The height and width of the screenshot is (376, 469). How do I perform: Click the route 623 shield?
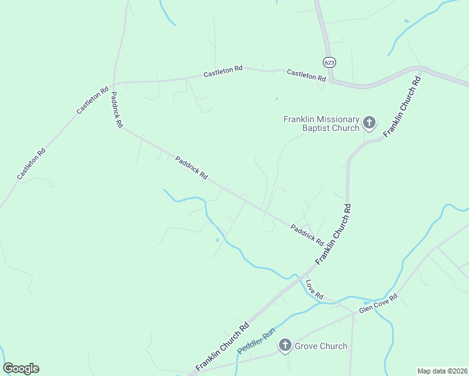330,62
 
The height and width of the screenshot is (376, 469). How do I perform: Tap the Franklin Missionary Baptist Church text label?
321,123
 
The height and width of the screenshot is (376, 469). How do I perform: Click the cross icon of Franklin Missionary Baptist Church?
369,123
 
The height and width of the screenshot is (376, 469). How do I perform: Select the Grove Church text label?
320,345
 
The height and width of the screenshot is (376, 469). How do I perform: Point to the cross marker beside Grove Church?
285,345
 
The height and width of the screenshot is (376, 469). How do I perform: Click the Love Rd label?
314,289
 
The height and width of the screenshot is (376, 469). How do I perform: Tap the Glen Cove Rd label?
378,304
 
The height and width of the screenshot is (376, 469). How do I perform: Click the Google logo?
21,368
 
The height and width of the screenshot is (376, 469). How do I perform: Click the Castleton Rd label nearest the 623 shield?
306,75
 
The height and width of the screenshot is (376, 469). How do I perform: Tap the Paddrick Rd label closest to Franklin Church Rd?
307,234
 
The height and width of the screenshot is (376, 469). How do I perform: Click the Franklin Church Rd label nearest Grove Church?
223,346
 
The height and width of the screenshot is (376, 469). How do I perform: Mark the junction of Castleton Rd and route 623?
332,80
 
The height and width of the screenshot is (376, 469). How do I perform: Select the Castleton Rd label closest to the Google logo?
31,163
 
